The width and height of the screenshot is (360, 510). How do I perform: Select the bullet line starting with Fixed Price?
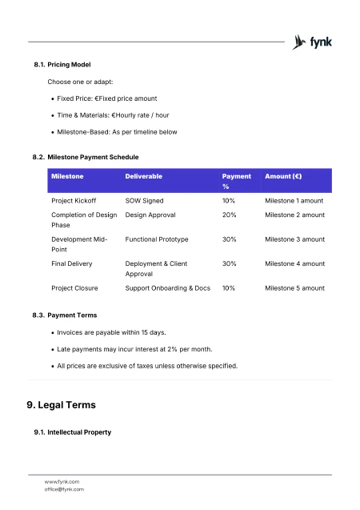coord(101,98)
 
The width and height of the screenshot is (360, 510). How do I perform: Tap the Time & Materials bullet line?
coord(113,115)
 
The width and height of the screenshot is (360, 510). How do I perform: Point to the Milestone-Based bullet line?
coord(117,132)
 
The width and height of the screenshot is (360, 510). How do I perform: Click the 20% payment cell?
coord(229,215)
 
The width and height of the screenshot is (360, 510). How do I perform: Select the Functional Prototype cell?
coord(157,239)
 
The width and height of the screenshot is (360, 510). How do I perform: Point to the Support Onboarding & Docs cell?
coord(168,288)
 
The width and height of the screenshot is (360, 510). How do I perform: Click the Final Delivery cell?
coord(71,263)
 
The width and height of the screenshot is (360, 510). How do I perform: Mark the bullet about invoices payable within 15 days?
coord(111,332)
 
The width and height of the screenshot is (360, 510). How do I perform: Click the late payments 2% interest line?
coord(134,349)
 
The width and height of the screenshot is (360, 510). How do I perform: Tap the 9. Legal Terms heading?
coord(62,404)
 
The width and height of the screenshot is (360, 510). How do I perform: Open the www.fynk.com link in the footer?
coord(62,481)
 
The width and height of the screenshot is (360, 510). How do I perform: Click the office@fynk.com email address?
coord(64,489)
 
